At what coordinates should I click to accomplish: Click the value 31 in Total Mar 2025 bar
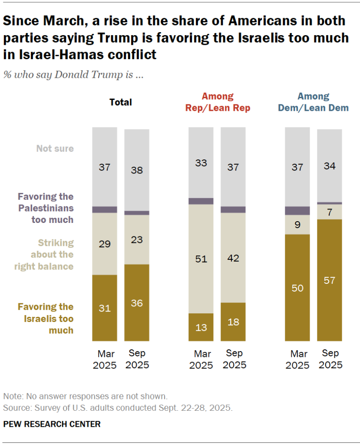[x=104, y=309]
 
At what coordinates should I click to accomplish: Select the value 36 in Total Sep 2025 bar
[x=137, y=303]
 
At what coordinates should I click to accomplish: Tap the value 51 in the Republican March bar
[x=201, y=259]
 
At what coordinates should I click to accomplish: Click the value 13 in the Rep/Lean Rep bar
[x=201, y=328]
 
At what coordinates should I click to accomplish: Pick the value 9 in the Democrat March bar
[x=297, y=225]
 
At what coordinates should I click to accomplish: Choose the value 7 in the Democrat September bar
[x=329, y=213]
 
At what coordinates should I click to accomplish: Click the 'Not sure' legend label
[x=55, y=148]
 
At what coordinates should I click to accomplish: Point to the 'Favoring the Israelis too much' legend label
[x=46, y=319]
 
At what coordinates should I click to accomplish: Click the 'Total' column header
[x=121, y=103]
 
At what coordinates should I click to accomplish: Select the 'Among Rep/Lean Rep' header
[x=218, y=102]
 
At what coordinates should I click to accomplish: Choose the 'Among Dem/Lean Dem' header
[x=314, y=102]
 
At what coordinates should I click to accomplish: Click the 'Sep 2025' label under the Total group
[x=137, y=359]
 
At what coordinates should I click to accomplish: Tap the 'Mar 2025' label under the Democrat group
[x=297, y=359]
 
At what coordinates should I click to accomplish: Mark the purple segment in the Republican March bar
[x=201, y=201]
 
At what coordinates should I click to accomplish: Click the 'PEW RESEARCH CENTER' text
[x=52, y=424]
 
